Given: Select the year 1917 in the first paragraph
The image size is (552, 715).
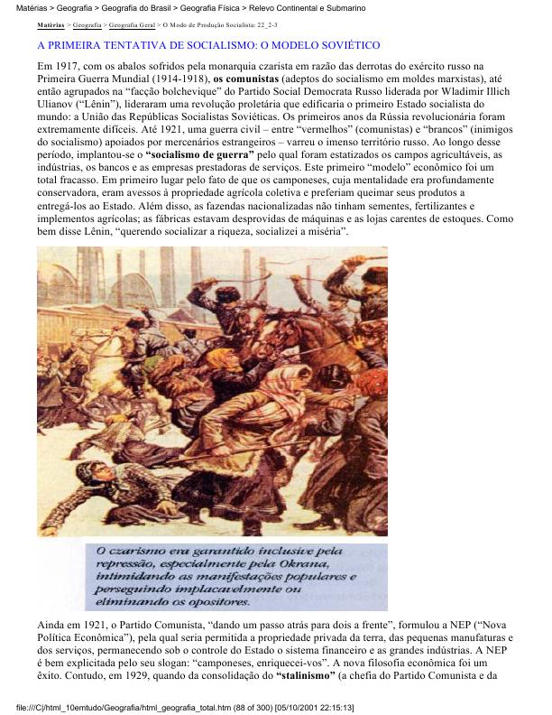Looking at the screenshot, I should [67, 67].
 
